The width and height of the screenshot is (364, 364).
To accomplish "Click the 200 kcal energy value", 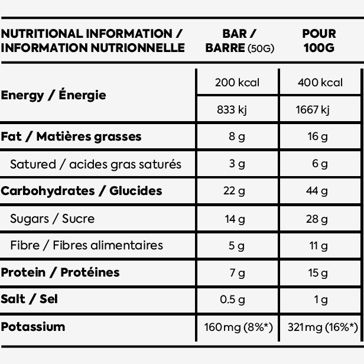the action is tap(237, 82).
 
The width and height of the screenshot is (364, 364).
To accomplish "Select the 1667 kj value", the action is tap(313, 109).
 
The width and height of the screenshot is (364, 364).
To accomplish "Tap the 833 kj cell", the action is tap(232, 109).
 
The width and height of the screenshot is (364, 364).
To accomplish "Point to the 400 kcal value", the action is tap(320, 82).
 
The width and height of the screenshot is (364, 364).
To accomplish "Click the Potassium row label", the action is tap(33, 327).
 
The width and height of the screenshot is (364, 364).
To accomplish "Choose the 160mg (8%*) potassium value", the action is tap(238, 327).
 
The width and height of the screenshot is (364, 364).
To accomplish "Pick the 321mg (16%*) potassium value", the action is tap(323, 327).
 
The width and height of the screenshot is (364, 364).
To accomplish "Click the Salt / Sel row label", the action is tap(30, 299).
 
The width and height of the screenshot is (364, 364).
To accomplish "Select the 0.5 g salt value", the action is tap(232, 300).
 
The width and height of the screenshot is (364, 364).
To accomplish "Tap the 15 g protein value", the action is tap(318, 273).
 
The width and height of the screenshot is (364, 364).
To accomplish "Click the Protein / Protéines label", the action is tap(60, 272).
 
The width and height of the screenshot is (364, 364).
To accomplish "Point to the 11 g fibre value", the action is tap(318, 246).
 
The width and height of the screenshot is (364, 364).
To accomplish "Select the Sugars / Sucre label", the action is tap(52, 219).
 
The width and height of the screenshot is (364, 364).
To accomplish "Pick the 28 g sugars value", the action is tap(317, 219).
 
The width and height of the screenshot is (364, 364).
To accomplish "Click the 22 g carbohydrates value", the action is tap(234, 191).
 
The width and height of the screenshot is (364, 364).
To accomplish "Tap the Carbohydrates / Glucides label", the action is tap(82, 191).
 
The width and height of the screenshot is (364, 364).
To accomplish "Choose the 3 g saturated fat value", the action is tap(237, 164).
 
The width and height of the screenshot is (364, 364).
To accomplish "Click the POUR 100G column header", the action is tap(319, 41).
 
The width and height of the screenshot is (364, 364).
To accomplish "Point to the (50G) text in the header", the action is tap(261, 48).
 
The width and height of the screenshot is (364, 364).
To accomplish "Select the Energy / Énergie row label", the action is tap(53, 95).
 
